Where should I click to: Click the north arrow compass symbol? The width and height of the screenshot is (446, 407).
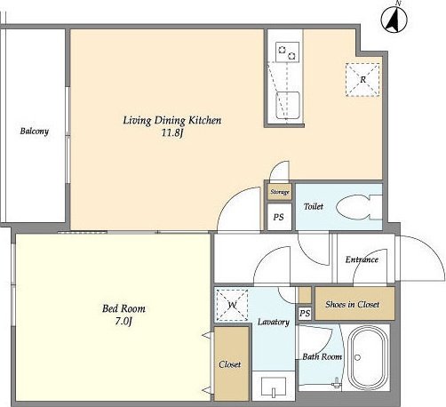(x=394, y=20)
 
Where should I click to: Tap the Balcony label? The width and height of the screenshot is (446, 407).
(x=35, y=131)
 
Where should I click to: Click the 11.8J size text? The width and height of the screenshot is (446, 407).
(x=172, y=133)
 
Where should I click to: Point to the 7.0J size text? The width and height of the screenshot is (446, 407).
(x=123, y=321)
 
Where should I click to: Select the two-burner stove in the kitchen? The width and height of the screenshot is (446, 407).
(x=287, y=52)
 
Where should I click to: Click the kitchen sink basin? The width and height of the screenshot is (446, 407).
(x=288, y=105)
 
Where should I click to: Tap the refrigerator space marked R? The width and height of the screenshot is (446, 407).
(x=362, y=80)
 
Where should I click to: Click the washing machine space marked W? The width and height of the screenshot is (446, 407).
(x=232, y=305)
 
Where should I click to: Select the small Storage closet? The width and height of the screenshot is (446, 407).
(x=280, y=192)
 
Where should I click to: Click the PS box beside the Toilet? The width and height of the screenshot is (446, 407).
(x=279, y=217)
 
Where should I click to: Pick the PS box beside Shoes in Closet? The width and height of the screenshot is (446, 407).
(x=305, y=313)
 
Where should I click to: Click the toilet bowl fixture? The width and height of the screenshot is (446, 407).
(x=359, y=207)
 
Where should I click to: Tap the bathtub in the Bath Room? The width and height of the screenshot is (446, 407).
(x=368, y=358)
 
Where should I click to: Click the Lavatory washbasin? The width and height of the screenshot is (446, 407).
(x=274, y=387)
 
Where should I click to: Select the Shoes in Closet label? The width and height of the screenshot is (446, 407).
(x=352, y=304)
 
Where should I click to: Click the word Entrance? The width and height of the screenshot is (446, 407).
(x=362, y=259)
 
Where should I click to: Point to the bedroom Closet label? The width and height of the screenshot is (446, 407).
(x=230, y=364)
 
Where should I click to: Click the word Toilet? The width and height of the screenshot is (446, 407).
(x=314, y=206)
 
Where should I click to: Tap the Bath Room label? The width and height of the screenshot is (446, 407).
(x=322, y=356)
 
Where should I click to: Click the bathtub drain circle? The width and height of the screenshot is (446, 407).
(x=357, y=357)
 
